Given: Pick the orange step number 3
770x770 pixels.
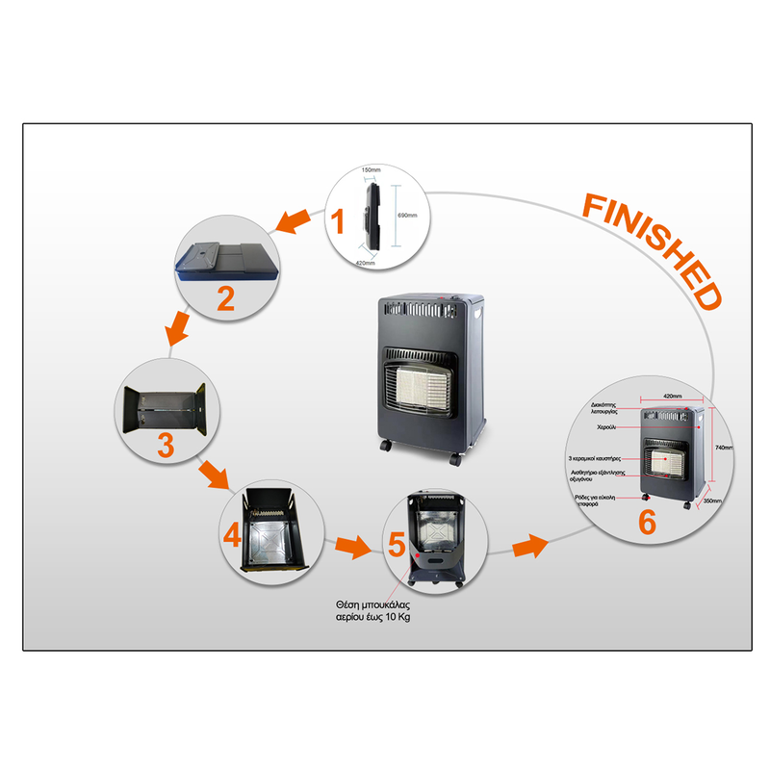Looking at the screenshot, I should [166, 445].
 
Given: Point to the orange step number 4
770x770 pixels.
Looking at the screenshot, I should [231, 532].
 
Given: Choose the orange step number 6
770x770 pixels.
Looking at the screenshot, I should [647, 522].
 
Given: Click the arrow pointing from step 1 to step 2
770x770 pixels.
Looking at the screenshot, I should [293, 221].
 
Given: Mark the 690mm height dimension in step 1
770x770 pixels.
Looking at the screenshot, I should [406, 216].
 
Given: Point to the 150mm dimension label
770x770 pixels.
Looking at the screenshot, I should [370, 170].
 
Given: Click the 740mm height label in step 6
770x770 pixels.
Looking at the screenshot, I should [724, 448].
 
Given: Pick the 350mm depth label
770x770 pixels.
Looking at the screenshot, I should [712, 501].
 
